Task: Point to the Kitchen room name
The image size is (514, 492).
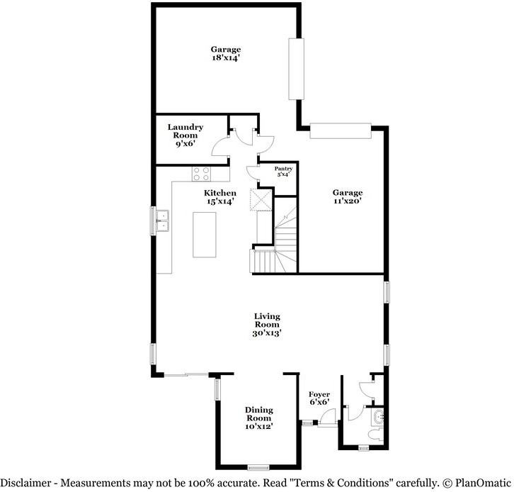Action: (219, 193)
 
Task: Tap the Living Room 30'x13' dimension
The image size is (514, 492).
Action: (268, 333)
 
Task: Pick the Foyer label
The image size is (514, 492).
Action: (319, 394)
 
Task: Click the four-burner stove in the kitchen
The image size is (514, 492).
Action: (201, 173)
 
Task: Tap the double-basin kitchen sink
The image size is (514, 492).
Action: (162, 220)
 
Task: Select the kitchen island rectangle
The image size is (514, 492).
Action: (206, 235)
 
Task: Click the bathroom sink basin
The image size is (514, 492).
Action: (379, 417)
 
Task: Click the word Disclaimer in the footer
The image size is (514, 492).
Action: (27, 483)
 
